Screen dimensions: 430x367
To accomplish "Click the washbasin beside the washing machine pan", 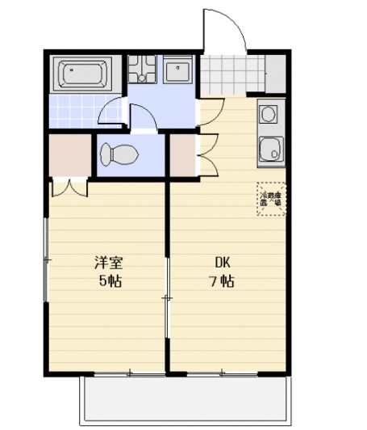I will pyautogui.click(x=178, y=71).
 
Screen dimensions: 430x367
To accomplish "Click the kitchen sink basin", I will pyautogui.click(x=271, y=149).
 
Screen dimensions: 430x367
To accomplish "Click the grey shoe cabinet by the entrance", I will pyautogui.click(x=275, y=74).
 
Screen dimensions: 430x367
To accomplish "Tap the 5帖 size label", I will pyautogui.click(x=110, y=281).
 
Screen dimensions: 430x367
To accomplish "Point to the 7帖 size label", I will pyautogui.click(x=222, y=281).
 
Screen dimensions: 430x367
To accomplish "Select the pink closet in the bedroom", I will pyautogui.click(x=69, y=156).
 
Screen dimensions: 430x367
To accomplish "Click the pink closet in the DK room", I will pyautogui.click(x=183, y=156).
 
